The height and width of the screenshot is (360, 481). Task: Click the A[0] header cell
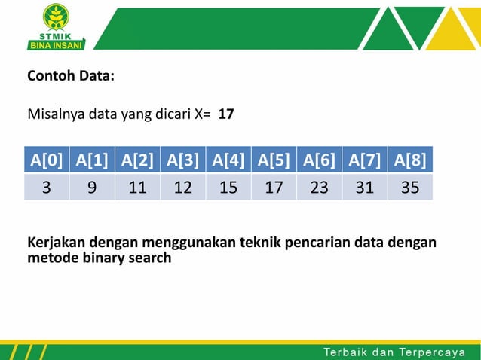click(47, 160)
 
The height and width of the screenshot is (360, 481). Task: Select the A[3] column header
click(182, 160)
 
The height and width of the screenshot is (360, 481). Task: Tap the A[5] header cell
click(274, 160)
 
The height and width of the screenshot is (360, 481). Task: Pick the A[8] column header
click(410, 160)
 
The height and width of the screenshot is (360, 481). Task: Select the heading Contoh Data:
click(71, 76)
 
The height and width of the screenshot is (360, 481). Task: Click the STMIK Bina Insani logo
click(56, 26)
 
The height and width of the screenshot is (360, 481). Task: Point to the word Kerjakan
click(57, 243)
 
